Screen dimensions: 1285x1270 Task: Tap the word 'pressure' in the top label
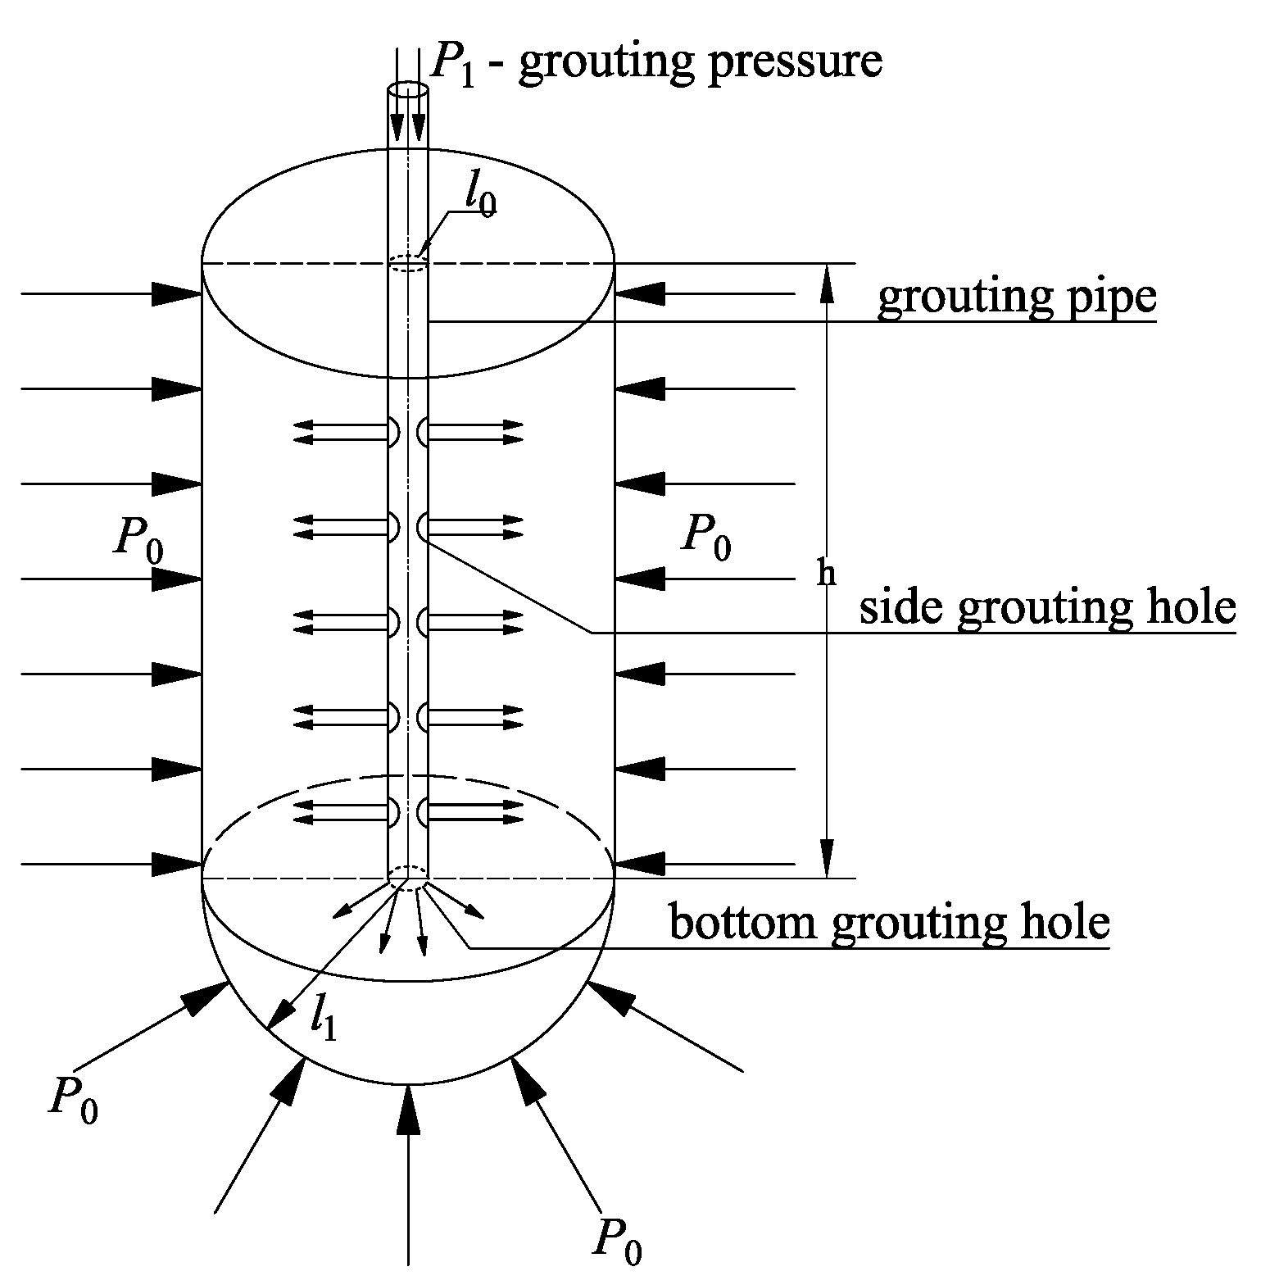coord(795,62)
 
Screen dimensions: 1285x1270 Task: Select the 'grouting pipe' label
coord(1016,297)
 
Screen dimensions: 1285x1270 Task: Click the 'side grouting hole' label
coord(1047,608)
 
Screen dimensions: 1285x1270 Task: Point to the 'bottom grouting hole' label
coord(890,923)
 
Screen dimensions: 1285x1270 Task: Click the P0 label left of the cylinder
coord(138,543)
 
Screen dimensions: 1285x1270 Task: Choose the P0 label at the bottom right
coord(617,1238)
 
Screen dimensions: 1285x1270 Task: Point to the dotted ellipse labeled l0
coord(407,262)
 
